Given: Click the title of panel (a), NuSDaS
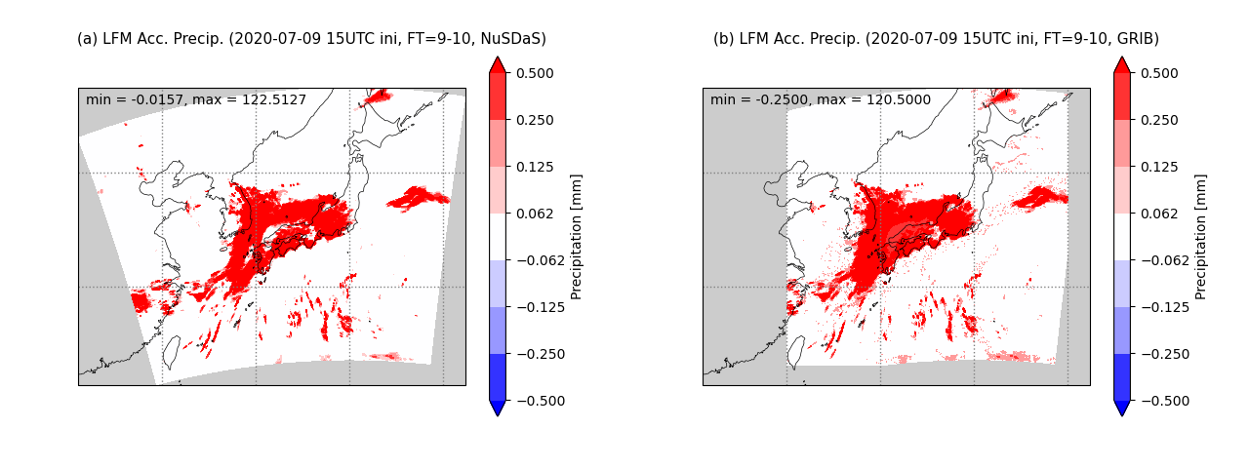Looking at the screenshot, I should [311, 39].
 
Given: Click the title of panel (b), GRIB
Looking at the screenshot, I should [936, 39].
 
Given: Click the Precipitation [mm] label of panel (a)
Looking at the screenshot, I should [576, 237].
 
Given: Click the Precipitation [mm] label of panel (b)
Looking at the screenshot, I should [1200, 237].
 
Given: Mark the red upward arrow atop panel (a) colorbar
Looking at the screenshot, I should [498, 65].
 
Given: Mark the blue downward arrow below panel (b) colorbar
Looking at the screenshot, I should [1122, 408].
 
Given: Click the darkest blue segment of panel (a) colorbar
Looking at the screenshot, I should [498, 377].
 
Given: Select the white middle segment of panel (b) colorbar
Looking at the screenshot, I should [1122, 237].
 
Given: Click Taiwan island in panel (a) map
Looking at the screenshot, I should [170, 352].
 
